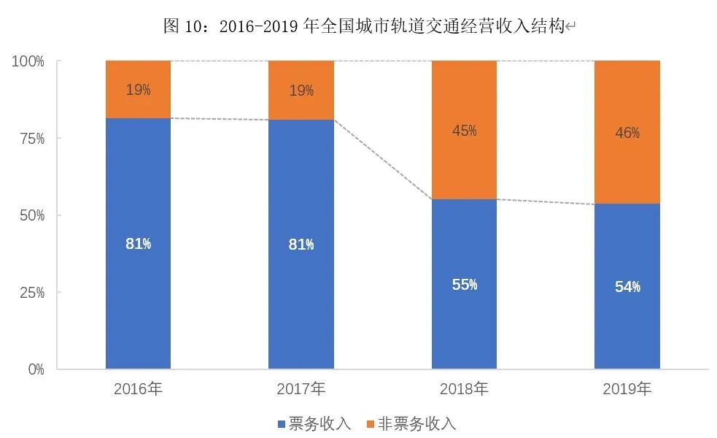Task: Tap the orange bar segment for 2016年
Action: point(138,90)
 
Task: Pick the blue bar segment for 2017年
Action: point(301,307)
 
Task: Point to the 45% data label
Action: point(464,131)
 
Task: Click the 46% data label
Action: point(627,132)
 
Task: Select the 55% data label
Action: point(464,285)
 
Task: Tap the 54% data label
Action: point(627,287)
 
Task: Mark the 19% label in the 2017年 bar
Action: point(301,91)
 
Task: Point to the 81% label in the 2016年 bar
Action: point(138,244)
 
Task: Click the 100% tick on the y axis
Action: point(28,61)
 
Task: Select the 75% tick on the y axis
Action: point(31,139)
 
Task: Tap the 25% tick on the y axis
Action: point(31,293)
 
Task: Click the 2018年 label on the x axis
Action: point(464,389)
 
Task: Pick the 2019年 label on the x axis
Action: point(627,389)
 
